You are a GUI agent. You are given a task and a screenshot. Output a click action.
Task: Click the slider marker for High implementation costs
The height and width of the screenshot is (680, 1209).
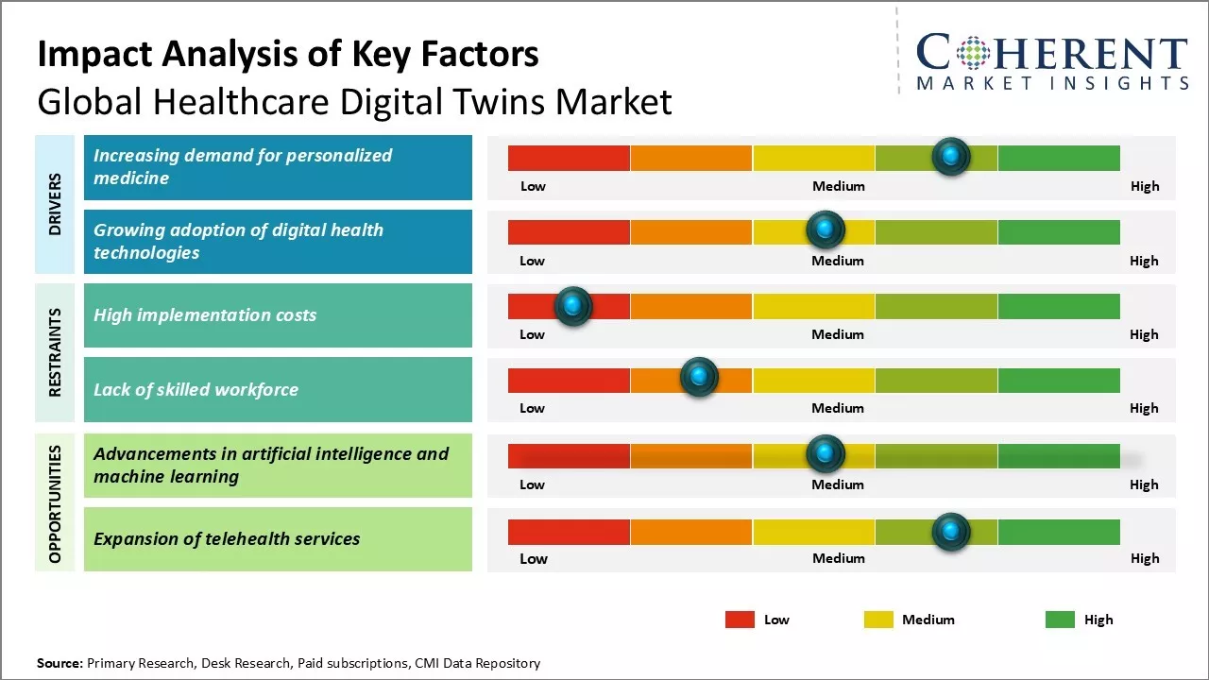572,306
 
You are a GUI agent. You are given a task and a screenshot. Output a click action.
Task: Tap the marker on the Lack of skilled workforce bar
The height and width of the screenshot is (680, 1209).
699,377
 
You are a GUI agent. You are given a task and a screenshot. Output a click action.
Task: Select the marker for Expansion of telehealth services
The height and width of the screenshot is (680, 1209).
951,532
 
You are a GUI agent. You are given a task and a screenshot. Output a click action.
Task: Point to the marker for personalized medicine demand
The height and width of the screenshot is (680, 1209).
951,156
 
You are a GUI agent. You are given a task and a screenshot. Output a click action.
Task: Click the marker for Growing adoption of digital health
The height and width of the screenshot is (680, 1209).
826,229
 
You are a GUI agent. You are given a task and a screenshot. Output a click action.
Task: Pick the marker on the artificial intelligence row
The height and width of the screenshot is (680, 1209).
826,454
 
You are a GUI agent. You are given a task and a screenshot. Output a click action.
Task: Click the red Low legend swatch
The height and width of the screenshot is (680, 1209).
740,620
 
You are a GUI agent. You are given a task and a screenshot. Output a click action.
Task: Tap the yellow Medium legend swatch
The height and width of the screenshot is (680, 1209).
878,620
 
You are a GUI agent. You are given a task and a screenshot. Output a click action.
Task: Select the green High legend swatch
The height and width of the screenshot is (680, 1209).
1060,620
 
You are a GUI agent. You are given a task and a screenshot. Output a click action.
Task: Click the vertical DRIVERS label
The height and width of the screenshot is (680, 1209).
55,204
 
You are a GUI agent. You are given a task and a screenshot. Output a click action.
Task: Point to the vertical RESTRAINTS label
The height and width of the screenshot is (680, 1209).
55,352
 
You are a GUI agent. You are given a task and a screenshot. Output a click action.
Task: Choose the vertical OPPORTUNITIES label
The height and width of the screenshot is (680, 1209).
55,504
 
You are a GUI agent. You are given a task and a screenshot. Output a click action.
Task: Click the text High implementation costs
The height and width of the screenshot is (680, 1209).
205,315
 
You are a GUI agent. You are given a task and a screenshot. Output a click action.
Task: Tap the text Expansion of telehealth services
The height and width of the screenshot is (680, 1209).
227,539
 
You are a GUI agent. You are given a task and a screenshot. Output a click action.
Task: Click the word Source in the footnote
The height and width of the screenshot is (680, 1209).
60,663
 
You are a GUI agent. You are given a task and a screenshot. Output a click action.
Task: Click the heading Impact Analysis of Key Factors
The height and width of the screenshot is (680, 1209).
288,55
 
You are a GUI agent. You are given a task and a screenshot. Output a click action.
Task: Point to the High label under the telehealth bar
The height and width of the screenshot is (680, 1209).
1145,558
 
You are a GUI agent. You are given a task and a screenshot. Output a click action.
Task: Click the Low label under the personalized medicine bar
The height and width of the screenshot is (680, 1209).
533,186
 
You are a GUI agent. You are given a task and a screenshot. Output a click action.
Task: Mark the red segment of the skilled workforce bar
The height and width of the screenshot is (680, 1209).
569,380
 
